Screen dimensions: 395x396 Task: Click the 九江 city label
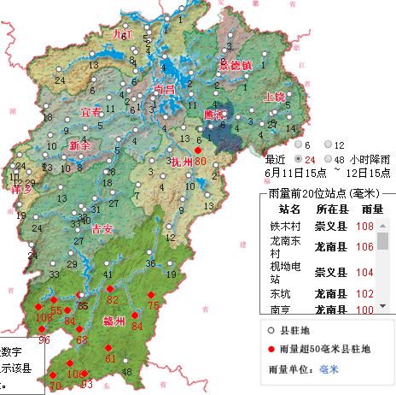point(124,33)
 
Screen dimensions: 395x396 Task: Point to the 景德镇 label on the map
point(236,64)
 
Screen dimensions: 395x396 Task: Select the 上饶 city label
point(275,97)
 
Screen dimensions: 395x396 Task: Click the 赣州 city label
point(114,321)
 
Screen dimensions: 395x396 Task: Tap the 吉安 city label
point(102,228)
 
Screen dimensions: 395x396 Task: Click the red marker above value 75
point(153,295)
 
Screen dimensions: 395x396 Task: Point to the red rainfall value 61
point(110,358)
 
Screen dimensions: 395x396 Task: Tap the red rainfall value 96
point(44,340)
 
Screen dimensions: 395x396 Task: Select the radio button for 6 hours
point(299,145)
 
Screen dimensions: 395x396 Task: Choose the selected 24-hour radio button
point(299,159)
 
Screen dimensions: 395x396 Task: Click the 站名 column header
point(290,208)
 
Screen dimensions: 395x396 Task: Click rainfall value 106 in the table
point(365,246)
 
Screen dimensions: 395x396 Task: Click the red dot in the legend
point(270,349)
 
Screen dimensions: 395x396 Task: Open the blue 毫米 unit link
point(329,369)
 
